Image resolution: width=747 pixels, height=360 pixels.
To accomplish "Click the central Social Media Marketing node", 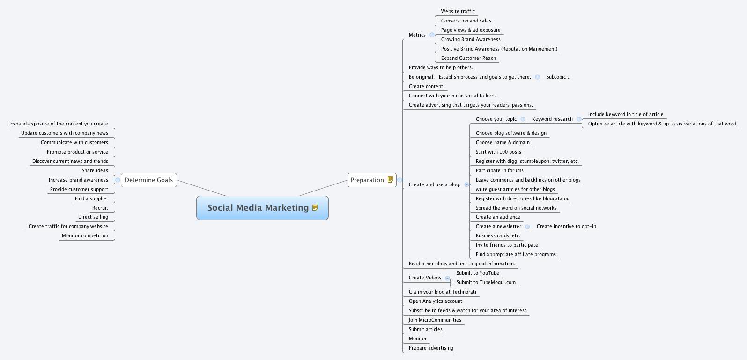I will point(258,208).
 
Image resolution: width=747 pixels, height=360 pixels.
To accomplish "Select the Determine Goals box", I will point(148,180).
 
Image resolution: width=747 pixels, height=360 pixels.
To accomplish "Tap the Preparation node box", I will point(367,180).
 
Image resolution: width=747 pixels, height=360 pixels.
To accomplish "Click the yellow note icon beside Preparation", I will point(390,180).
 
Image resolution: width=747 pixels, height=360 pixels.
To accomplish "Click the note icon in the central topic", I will point(315,208).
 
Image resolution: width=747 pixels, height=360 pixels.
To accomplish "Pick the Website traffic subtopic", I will point(458,12).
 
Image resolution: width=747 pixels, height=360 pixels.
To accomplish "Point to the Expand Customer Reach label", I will point(468,59).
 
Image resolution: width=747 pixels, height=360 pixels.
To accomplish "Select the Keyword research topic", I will point(552,119).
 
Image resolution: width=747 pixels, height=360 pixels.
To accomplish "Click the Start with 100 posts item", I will point(498,152).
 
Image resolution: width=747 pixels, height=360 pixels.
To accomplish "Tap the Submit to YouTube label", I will point(477,273).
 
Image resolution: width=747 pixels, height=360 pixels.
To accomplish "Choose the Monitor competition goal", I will point(85,236).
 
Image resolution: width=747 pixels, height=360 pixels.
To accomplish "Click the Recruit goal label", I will point(100,208).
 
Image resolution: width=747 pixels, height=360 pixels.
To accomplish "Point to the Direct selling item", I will point(93,217).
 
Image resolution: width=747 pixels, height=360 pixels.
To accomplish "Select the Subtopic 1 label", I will point(558,77).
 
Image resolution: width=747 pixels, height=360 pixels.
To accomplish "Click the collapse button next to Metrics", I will point(432,35).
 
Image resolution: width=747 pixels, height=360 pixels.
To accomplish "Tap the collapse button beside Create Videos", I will point(447,278).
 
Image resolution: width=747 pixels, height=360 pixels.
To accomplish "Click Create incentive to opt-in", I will point(566,227).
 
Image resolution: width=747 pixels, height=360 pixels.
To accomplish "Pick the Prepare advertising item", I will point(430,348).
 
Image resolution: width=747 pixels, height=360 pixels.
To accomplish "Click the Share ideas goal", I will point(95,171).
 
